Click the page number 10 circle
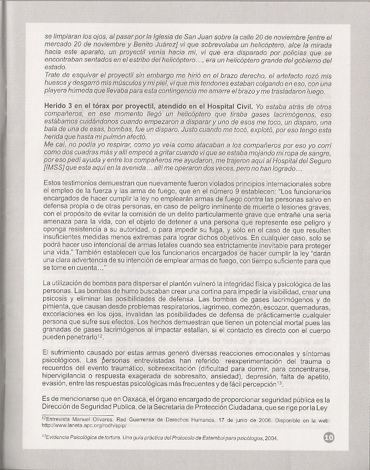[x=328, y=438]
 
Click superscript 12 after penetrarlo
[x=101, y=336]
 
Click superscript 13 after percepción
[x=279, y=383]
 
